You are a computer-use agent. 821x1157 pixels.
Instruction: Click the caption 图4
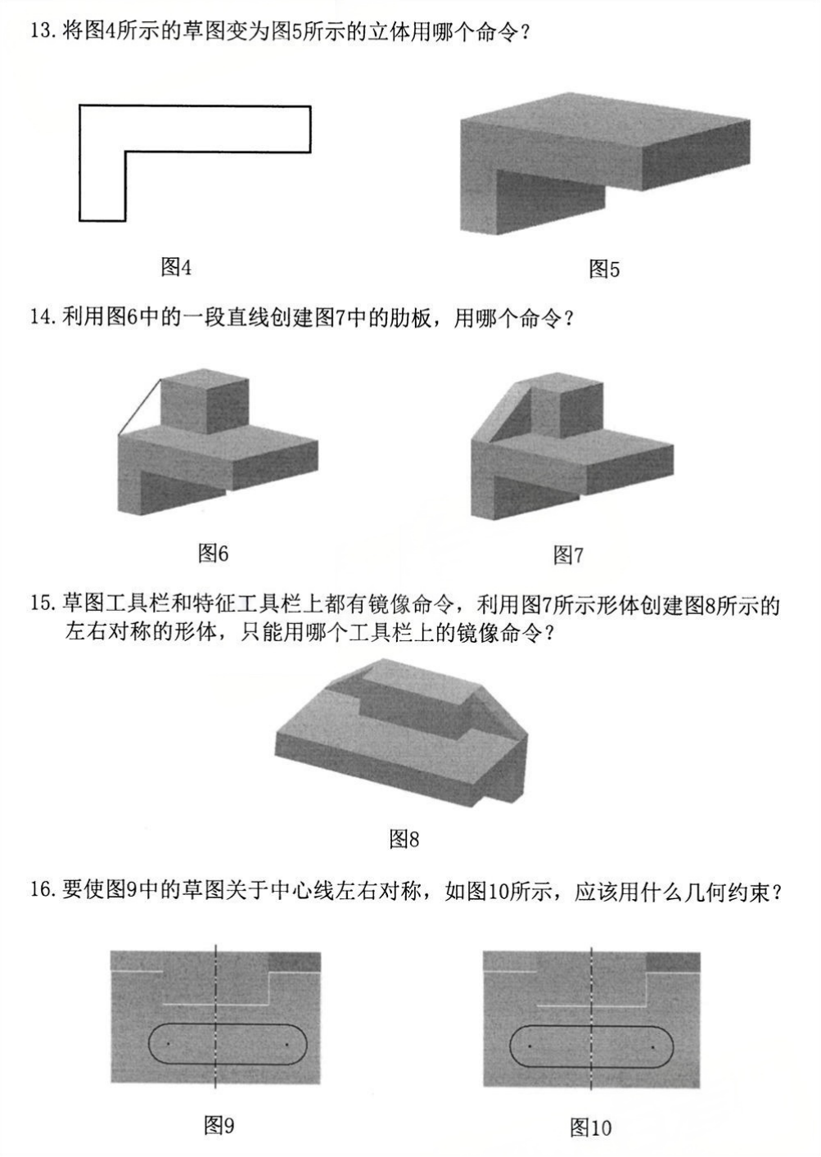tap(175, 267)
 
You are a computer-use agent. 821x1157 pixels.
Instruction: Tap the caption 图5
tap(604, 269)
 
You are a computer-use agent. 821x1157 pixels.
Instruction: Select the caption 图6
tap(213, 553)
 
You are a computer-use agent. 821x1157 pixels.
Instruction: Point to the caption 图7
tap(568, 555)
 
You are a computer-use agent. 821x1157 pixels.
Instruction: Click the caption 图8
tap(404, 838)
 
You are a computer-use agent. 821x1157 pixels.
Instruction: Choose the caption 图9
tap(219, 1126)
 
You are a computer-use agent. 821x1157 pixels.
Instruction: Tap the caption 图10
tap(590, 1128)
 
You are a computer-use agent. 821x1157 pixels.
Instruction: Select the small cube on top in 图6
tap(205, 401)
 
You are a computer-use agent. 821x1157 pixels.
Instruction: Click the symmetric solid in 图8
tap(401, 729)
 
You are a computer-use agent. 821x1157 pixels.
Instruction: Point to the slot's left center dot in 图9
tap(167, 1043)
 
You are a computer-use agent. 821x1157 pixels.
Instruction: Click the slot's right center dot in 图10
tap(652, 1046)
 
